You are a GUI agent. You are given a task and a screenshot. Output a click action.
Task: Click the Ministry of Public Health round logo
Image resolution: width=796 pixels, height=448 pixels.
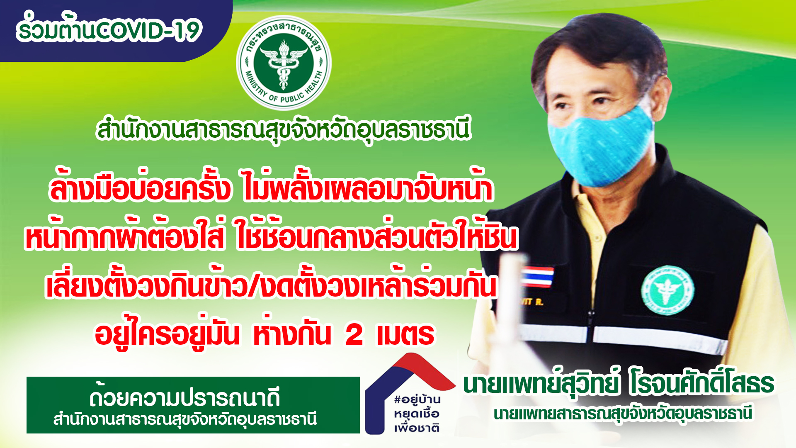[284, 63]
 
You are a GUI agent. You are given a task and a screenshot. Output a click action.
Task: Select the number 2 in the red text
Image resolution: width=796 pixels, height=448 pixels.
[354, 335]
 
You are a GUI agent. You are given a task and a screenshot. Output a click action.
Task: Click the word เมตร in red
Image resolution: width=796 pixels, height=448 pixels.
[405, 335]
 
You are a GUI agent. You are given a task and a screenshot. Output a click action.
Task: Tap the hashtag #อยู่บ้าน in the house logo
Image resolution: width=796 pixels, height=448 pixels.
[417, 400]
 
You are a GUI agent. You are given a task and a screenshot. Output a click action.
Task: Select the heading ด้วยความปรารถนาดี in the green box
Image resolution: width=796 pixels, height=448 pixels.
[184, 397]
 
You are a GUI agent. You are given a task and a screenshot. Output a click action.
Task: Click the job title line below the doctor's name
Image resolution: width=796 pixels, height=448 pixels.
[623, 414]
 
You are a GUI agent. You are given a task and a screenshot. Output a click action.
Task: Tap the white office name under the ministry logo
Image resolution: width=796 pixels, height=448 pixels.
[284, 130]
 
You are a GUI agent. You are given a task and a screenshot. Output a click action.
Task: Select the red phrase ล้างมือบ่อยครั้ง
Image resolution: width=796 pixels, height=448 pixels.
[140, 189]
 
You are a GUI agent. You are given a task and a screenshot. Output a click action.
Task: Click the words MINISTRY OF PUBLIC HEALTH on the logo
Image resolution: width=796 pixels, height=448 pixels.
[284, 89]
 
